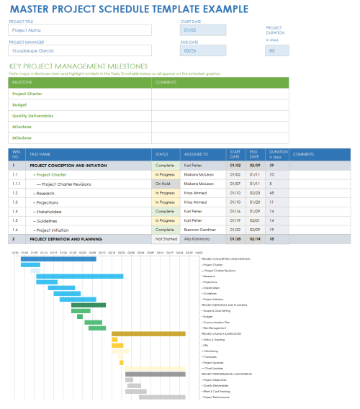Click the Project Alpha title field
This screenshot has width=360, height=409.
coord(79,30)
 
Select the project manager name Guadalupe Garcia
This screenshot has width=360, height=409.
coord(79,50)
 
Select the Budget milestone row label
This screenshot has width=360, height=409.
coord(20,104)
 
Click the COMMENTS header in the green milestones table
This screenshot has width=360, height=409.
coord(166,82)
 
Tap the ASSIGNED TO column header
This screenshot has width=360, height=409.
coord(196,154)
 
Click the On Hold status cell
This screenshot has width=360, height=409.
coord(165,184)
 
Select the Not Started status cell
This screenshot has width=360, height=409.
coord(165,238)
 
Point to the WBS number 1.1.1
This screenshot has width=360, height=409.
coord(17,184)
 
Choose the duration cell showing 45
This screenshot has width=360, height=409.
coord(271,193)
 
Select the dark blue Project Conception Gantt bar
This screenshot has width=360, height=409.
coord(58,259)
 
